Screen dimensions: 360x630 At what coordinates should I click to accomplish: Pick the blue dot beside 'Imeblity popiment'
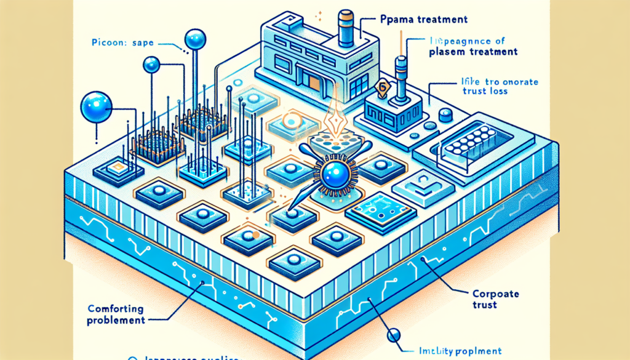click(394, 335)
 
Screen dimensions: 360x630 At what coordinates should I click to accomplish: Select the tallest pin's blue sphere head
click(194, 39)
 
